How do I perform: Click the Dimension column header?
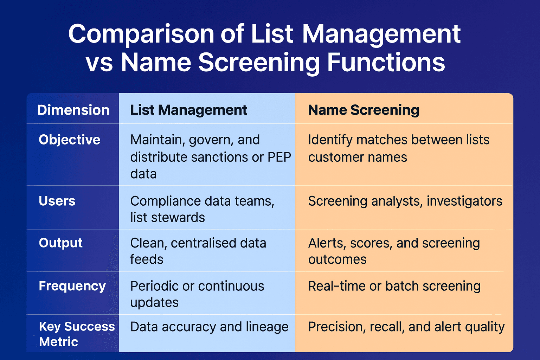pyautogui.click(x=73, y=110)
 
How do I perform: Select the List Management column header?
pyautogui.click(x=189, y=110)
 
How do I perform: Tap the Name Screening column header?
pyautogui.click(x=364, y=110)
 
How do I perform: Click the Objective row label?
pyautogui.click(x=70, y=140)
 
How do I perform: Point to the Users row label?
pyautogui.click(x=57, y=201)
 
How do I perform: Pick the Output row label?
pyautogui.click(x=60, y=243)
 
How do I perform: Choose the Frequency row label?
pyautogui.click(x=72, y=286)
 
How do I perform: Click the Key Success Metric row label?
pyautogui.click(x=77, y=334)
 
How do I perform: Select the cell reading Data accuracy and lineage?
pyautogui.click(x=209, y=327)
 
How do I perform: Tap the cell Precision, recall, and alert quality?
pyautogui.click(x=406, y=327)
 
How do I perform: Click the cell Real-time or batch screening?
pyautogui.click(x=394, y=286)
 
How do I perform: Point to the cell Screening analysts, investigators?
pyautogui.click(x=405, y=201)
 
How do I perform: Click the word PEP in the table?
pyautogui.click(x=279, y=157)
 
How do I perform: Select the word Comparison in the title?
pyautogui.click(x=141, y=34)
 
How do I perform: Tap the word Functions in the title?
pyautogui.click(x=386, y=63)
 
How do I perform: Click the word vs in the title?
pyautogui.click(x=99, y=63)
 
